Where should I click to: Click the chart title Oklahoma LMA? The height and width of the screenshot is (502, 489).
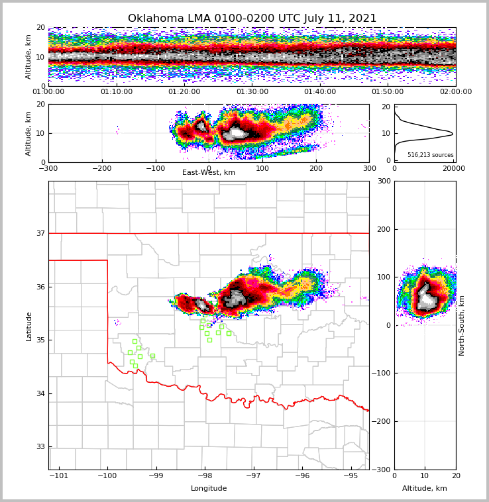point(252,19)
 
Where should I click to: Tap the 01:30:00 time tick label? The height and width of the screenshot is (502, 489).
point(252,92)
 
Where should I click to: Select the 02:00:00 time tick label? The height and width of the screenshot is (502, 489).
point(455,92)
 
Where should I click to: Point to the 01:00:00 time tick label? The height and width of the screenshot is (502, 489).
point(49,92)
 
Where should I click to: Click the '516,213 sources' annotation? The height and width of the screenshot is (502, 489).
point(430,155)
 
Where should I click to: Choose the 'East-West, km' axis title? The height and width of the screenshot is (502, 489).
point(209,173)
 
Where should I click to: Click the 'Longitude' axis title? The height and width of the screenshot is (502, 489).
point(209,489)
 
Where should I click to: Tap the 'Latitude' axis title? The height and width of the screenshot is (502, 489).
point(28,326)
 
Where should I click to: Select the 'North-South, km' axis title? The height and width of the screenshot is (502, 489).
point(462,325)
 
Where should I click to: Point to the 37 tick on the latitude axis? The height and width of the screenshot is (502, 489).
point(40,233)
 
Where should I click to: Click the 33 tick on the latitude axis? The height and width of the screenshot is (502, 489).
point(40,447)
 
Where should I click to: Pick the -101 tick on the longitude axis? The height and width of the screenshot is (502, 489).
point(59,476)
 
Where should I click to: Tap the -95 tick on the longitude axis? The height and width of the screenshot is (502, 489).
point(350,476)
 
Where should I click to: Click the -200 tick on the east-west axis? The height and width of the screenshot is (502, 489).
point(101,168)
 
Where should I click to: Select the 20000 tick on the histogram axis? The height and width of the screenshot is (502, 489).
point(453,168)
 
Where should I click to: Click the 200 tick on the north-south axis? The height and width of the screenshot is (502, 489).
point(384,229)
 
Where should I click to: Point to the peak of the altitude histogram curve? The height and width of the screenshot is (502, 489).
point(453,134)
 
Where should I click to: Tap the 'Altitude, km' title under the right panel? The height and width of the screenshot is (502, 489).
point(425,489)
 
